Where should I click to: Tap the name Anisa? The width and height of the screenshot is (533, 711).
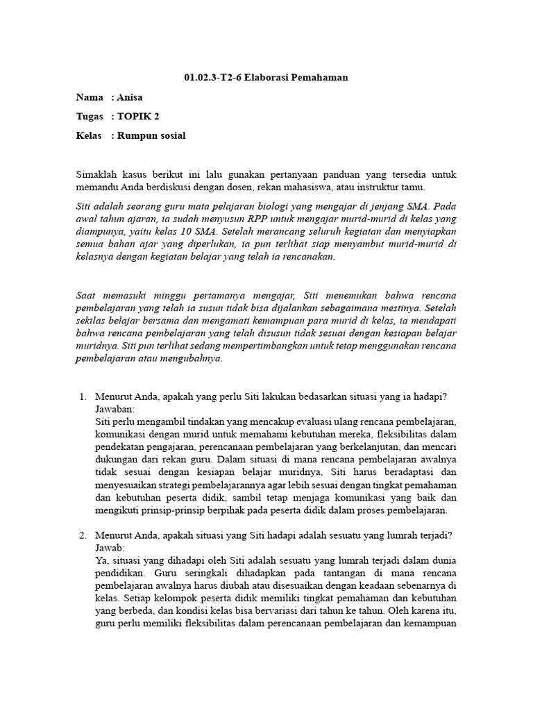click(x=128, y=97)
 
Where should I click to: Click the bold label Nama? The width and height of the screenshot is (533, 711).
click(x=89, y=97)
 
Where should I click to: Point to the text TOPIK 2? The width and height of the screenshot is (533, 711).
click(x=139, y=117)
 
